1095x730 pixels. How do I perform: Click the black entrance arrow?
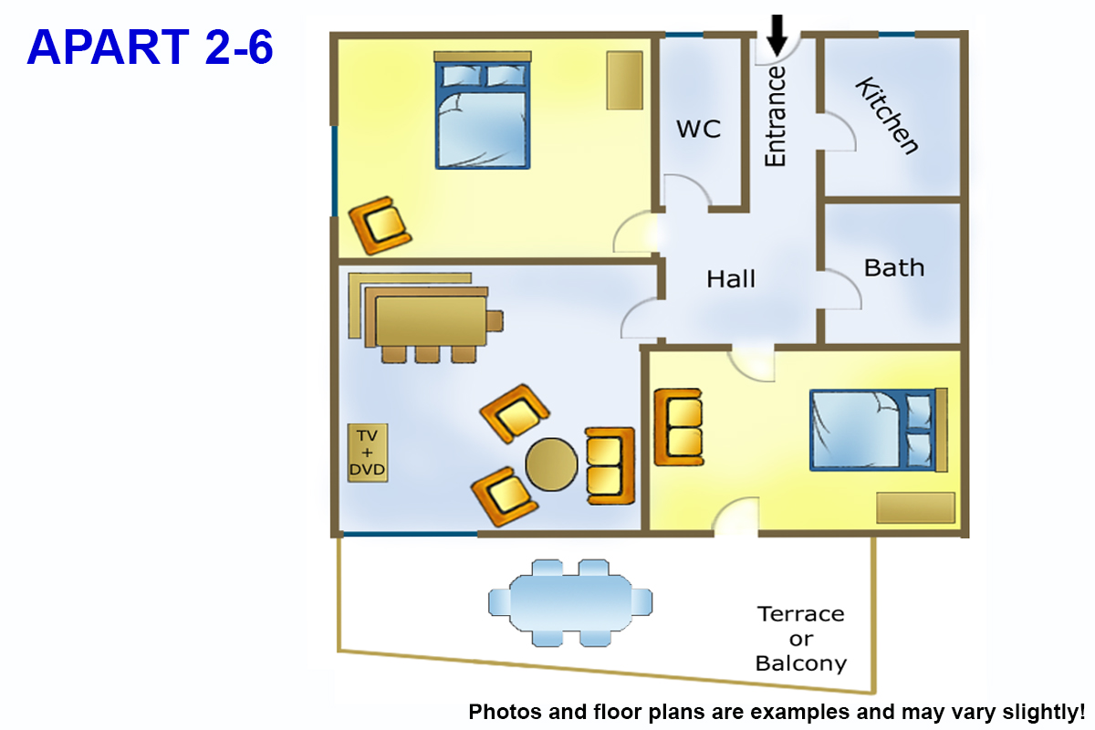pos(777,35)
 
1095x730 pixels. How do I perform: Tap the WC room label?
pos(698,129)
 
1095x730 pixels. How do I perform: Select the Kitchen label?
pos(886,116)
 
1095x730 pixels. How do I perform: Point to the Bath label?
pos(893,268)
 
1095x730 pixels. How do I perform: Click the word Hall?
pos(731,278)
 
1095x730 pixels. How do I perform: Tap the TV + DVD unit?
pos(368,453)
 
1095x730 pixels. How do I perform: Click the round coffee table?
pos(552,465)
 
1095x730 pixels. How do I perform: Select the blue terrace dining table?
pos(570,602)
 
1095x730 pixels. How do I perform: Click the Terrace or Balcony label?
pos(801,639)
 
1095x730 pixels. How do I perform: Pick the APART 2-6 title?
pos(150,47)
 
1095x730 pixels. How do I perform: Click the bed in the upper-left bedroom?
pos(483,111)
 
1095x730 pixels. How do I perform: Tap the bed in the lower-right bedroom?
pos(874,431)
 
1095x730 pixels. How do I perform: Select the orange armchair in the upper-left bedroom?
pos(381,224)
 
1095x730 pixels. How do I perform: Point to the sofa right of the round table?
pos(610,465)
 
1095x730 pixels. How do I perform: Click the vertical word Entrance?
pos(775,116)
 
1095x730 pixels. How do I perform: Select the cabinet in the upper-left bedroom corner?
pos(625,79)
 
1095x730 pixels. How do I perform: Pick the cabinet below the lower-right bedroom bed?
pos(915,507)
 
